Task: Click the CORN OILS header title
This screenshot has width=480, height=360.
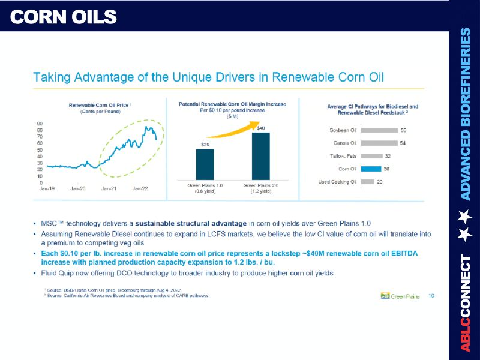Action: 64,17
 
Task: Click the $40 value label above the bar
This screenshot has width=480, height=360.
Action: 261,128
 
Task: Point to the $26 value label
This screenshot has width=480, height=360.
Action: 205,145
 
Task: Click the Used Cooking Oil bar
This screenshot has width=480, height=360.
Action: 368,182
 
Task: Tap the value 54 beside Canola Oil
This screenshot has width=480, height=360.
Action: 403,143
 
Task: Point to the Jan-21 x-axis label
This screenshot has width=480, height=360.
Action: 109,188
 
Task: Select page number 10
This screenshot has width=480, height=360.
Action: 432,295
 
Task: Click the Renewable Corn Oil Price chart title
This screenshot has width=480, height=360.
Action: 100,105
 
